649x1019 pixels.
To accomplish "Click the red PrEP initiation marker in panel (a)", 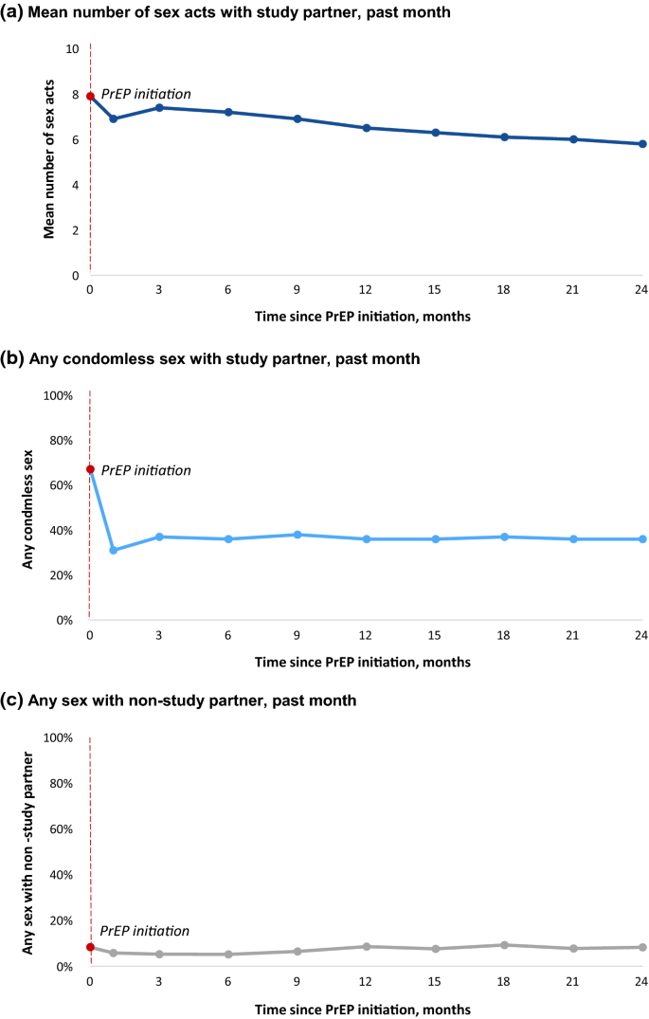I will [x=90, y=96].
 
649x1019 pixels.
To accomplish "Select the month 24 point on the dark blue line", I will [x=642, y=144].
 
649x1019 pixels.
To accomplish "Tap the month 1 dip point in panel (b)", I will [x=113, y=550].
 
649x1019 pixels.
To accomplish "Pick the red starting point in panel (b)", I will [x=90, y=469].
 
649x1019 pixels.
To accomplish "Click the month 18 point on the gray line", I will [x=504, y=945].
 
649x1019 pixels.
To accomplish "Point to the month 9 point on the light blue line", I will [x=297, y=535].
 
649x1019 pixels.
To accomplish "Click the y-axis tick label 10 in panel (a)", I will [x=72, y=48].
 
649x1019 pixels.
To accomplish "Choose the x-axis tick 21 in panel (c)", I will [x=573, y=982].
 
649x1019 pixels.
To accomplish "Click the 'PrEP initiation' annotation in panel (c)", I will [x=145, y=932].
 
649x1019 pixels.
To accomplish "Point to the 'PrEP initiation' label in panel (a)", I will [x=146, y=94].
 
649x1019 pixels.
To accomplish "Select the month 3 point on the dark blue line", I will [x=159, y=107].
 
